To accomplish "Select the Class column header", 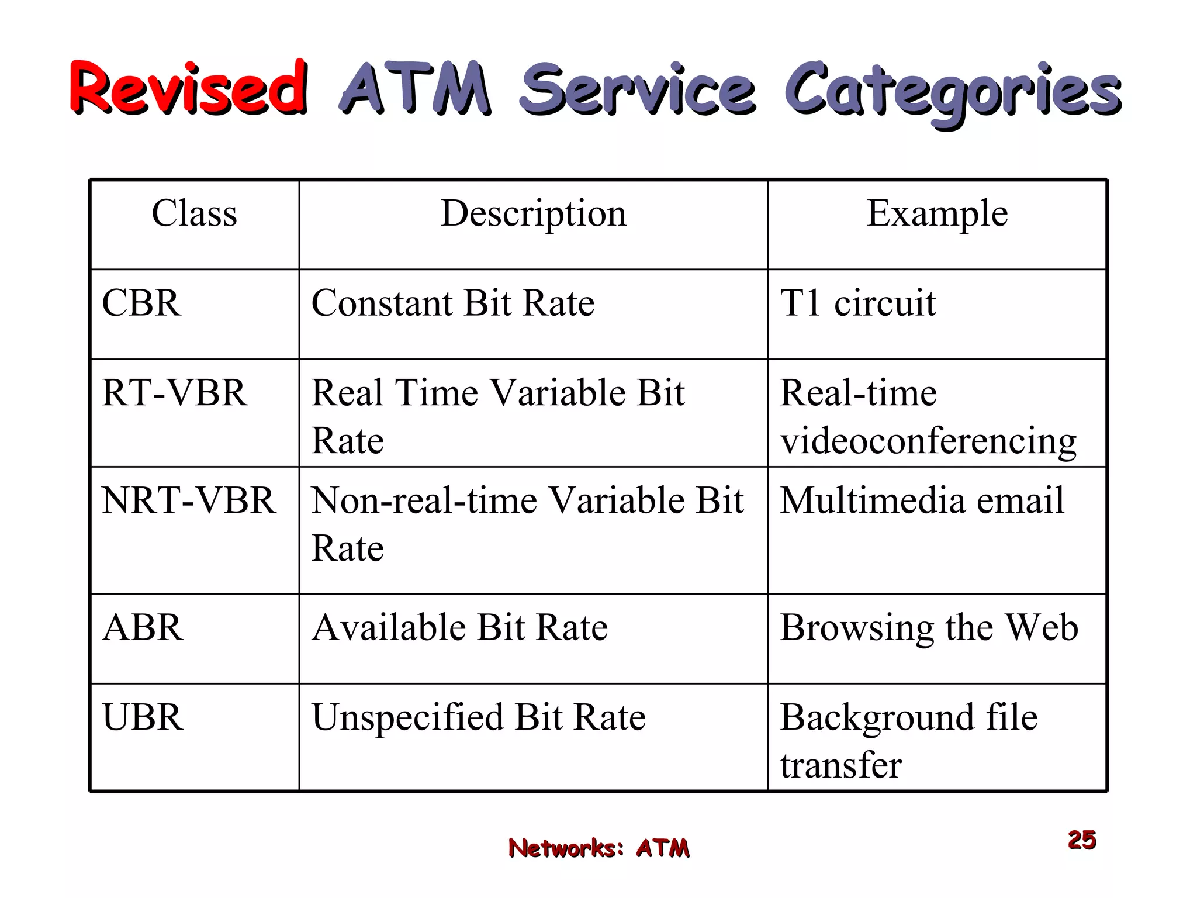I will (x=195, y=213).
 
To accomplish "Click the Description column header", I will (x=533, y=214).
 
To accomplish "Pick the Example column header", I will (x=937, y=213).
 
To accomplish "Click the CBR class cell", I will (x=141, y=303).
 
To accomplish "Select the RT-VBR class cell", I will (x=174, y=392).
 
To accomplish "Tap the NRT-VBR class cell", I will (x=189, y=500).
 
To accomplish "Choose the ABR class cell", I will (x=143, y=627).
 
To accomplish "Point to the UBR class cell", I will (x=143, y=717).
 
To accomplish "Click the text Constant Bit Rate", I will (x=453, y=303).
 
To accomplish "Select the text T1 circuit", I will (x=858, y=303).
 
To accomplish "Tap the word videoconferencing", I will (x=928, y=441).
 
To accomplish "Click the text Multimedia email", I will (x=922, y=500).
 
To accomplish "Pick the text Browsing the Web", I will (x=929, y=628).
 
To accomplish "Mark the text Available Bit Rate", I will (x=460, y=627).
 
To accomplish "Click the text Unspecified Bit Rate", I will (x=479, y=717).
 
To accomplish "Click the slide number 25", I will (x=1082, y=840).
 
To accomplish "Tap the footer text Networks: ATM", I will (x=598, y=848).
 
